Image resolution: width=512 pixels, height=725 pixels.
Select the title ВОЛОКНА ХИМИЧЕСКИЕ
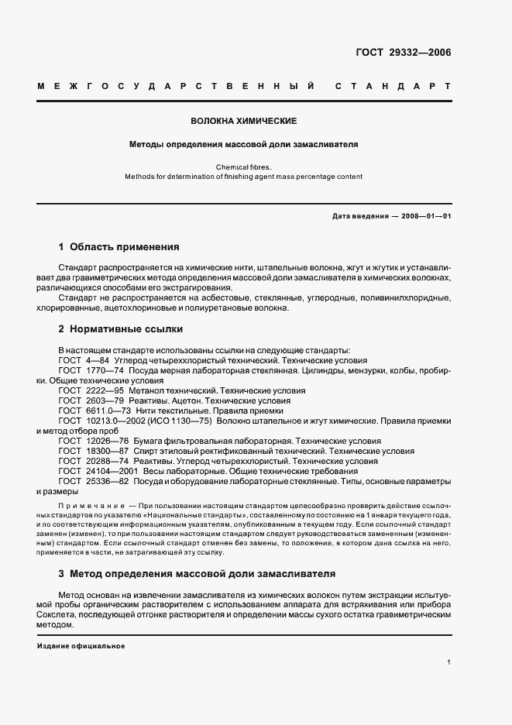coord(244,122)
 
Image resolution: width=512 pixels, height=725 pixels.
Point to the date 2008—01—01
coord(424,216)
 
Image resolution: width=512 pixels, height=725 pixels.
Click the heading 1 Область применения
coord(119,247)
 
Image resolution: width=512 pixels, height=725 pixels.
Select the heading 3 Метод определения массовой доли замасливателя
coord(197,575)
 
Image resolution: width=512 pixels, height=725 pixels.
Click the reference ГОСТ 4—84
coord(84,361)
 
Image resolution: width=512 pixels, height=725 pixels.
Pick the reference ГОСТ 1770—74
coord(88,371)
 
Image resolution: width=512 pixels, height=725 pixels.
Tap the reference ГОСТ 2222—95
coord(88,391)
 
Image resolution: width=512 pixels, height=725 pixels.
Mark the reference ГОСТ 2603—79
coord(88,401)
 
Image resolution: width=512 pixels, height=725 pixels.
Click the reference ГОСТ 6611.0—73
coord(91,411)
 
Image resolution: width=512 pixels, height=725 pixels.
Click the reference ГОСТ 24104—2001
coord(94,471)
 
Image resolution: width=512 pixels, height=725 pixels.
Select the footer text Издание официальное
coord(81,645)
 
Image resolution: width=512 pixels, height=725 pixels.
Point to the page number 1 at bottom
coord(449,663)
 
